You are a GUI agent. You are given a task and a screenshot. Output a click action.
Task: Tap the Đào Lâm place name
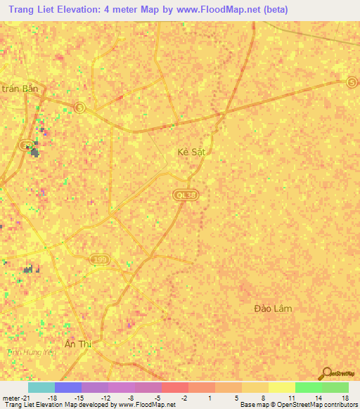pyautogui.click(x=272, y=309)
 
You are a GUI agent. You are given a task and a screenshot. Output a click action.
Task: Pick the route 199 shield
pyautogui.click(x=100, y=260)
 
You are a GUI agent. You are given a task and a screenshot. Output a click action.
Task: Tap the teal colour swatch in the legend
pyautogui.click(x=41, y=387)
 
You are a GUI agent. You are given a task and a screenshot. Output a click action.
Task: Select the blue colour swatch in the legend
pyautogui.click(x=67, y=387)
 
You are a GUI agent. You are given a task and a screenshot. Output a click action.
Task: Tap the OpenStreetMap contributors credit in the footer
pyautogui.click(x=321, y=405)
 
